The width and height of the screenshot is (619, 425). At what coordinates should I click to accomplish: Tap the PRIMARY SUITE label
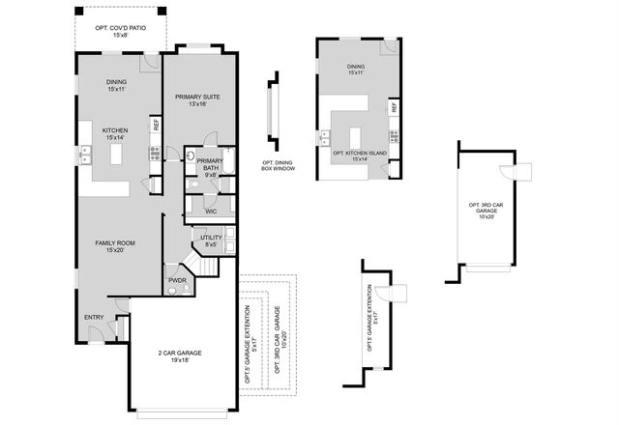tap(198, 97)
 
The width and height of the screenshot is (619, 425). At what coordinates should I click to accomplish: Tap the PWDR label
tap(177, 281)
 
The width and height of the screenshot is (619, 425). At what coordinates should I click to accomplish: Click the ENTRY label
tap(93, 316)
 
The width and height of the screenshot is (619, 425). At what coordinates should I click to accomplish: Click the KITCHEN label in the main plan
tap(116, 131)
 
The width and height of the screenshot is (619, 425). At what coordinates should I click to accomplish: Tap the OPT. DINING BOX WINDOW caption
tap(278, 166)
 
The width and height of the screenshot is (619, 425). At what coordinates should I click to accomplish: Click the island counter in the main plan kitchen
tap(118, 153)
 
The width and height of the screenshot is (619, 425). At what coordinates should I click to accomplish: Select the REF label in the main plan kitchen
tap(155, 124)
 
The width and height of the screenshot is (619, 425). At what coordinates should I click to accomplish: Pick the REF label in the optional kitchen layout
tap(394, 107)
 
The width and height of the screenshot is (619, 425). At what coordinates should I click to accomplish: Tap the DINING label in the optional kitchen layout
tap(355, 67)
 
